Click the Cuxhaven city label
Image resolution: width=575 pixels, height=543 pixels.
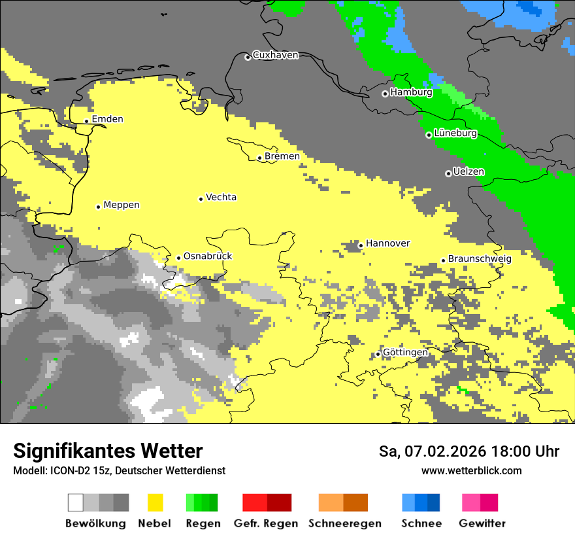click(275, 55)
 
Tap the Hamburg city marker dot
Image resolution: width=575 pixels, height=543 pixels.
click(385, 94)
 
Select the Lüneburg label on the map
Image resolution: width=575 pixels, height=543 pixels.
click(455, 133)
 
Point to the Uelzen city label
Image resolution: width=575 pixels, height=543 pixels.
click(468, 172)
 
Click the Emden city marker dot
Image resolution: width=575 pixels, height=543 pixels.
click(86, 121)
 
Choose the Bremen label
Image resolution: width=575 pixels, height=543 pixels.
click(282, 156)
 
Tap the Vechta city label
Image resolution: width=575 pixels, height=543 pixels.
click(221, 198)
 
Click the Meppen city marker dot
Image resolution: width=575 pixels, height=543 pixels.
click(98, 207)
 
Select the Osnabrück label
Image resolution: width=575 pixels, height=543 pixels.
click(208, 256)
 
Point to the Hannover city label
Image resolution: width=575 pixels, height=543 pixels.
click(387, 243)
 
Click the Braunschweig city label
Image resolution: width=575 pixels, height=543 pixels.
click(480, 259)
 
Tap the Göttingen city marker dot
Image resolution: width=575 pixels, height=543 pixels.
click(378, 355)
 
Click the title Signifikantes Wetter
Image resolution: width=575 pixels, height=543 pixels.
click(108, 451)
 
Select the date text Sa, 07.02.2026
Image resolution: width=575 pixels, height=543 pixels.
click(432, 451)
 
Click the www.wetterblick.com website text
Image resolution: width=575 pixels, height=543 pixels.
click(471, 471)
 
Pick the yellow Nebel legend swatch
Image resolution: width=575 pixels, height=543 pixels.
click(155, 502)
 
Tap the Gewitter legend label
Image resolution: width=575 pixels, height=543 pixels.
click(482, 523)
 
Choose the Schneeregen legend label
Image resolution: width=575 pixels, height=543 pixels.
click(345, 523)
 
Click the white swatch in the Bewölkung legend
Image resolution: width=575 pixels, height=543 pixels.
click(76, 502)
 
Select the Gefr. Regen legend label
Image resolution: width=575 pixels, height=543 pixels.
click(266, 523)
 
